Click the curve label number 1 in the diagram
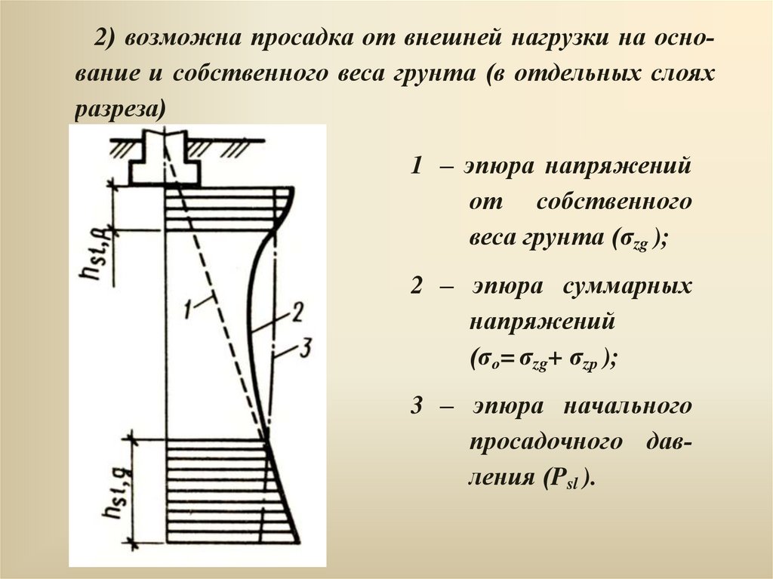point(189,306)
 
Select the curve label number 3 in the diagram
point(305,348)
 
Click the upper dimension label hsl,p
point(95,257)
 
